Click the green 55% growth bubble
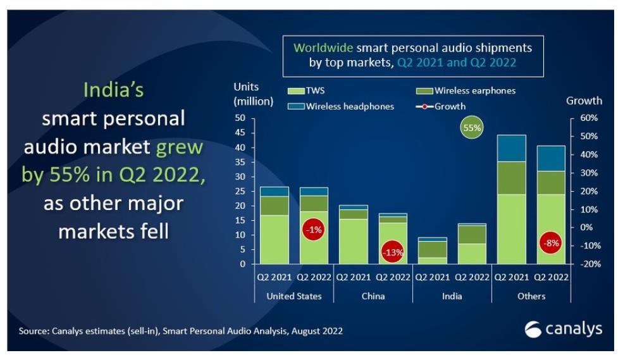click(x=472, y=128)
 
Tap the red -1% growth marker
click(x=313, y=230)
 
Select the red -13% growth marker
click(x=392, y=252)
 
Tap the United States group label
click(x=294, y=296)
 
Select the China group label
click(x=373, y=296)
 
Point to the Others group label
click(x=531, y=296)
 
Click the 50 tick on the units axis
click(x=240, y=118)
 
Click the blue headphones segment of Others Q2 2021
click(x=512, y=148)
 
